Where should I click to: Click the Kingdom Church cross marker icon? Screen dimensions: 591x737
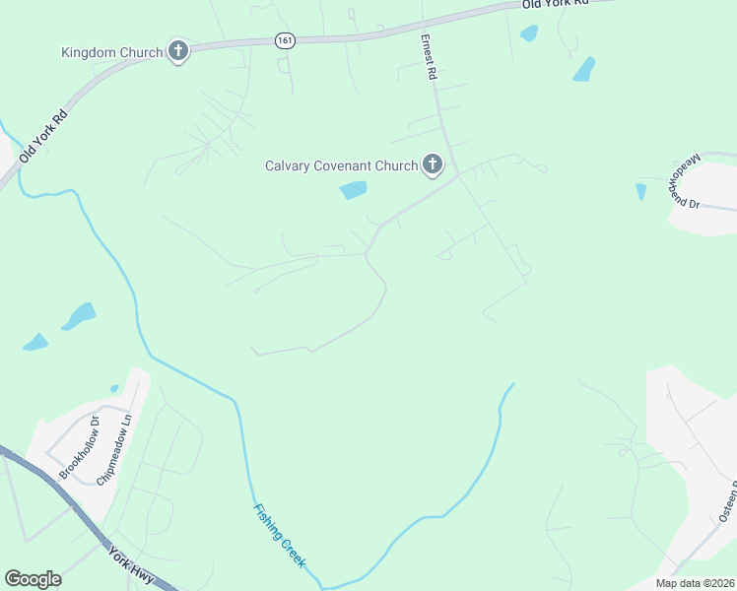(x=178, y=51)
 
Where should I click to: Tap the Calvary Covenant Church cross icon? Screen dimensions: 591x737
(x=433, y=165)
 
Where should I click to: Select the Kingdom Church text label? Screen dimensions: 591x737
(x=112, y=51)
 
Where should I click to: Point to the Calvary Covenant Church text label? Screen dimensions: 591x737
(x=342, y=165)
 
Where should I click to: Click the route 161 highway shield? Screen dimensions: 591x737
(x=285, y=40)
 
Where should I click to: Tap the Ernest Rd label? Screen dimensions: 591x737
(x=429, y=57)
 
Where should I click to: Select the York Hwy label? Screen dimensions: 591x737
(x=132, y=565)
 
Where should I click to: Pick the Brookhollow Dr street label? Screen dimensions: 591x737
(x=80, y=447)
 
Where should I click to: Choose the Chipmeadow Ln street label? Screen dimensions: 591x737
(x=114, y=449)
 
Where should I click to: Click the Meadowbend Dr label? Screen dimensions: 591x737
(x=686, y=180)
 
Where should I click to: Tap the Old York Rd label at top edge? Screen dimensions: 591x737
(x=555, y=4)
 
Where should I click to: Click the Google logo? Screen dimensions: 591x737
(x=33, y=579)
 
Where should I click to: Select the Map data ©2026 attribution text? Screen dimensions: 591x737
(x=695, y=583)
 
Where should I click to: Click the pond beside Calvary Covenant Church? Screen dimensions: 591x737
(x=353, y=190)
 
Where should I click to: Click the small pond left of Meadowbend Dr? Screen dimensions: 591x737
(x=641, y=191)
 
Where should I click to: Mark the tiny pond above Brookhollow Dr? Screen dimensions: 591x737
(x=114, y=388)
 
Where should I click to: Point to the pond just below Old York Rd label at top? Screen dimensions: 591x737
(x=529, y=33)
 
